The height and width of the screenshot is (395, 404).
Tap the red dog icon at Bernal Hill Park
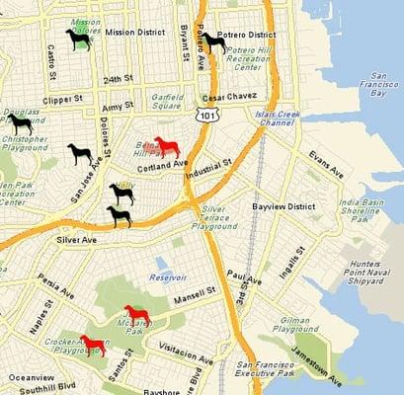168,147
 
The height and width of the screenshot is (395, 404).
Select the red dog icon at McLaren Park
136,316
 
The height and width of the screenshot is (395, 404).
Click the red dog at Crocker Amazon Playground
92,346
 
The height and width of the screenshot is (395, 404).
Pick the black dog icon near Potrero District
212,42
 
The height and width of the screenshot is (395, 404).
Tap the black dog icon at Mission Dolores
78,39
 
